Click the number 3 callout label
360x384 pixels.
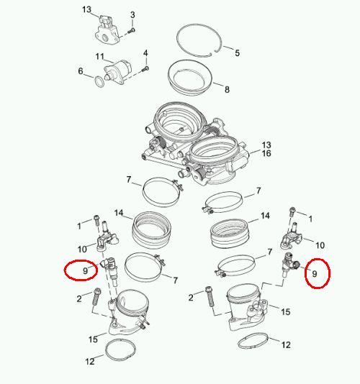point(132,15)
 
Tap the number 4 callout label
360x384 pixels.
point(145,53)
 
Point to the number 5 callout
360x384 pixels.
point(237,52)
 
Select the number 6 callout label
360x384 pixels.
point(81,71)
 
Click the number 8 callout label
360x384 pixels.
point(227,89)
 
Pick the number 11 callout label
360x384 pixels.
point(100,57)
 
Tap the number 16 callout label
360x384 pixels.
point(266,154)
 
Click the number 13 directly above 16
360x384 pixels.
point(266,145)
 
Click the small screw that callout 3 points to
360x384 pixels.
point(132,31)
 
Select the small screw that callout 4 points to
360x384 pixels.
point(145,69)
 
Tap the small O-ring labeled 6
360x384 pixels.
point(99,82)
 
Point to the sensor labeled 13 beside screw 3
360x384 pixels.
point(107,30)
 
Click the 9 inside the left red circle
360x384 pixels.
point(85,271)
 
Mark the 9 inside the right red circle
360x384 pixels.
point(315,274)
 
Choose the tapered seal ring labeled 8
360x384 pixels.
point(190,77)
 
